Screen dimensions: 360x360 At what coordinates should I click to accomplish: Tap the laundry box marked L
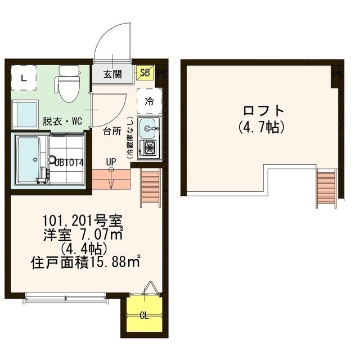click(23, 78)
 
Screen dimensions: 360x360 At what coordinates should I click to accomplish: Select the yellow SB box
click(145, 73)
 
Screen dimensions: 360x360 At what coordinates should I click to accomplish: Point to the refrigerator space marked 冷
click(149, 101)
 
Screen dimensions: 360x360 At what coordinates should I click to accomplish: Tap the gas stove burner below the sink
click(149, 148)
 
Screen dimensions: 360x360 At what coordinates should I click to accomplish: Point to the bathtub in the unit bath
click(26, 160)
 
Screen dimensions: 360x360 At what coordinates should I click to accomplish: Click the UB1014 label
click(69, 162)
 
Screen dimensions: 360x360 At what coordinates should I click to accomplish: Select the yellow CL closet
click(144, 315)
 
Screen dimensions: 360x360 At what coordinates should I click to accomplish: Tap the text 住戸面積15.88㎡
click(86, 262)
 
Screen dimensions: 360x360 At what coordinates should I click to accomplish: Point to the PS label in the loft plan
click(337, 74)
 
